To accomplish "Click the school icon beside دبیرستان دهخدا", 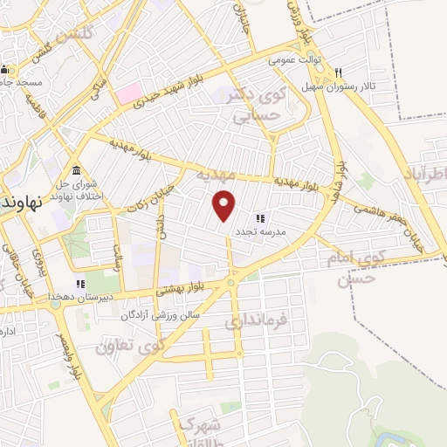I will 80,283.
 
